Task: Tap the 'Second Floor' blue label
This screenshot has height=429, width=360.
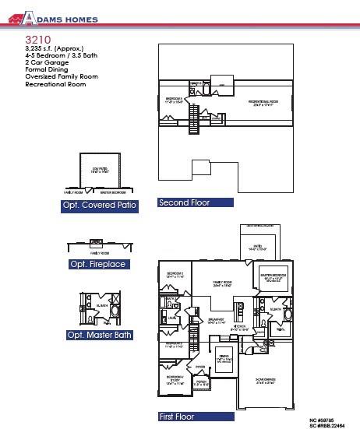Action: [195, 202]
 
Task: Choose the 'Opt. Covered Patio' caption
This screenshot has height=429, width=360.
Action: [100, 206]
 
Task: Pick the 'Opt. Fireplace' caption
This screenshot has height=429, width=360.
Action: [99, 264]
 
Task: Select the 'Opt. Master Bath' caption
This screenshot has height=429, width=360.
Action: [99, 335]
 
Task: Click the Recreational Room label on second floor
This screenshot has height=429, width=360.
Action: [265, 102]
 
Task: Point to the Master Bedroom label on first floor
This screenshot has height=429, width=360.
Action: [276, 276]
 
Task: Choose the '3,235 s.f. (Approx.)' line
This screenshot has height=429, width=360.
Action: [53, 49]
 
